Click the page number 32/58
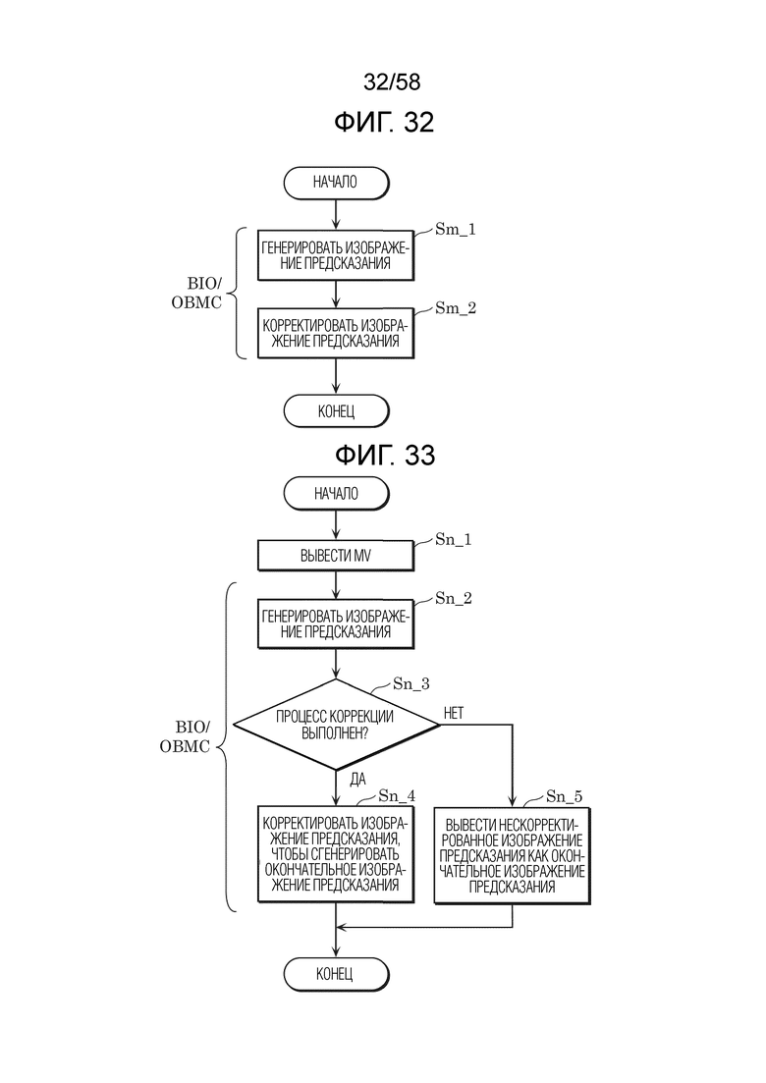pyautogui.click(x=392, y=82)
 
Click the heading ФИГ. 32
pyautogui.click(x=384, y=123)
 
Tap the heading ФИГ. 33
pyautogui.click(x=385, y=456)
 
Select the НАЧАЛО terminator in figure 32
pyautogui.click(x=336, y=183)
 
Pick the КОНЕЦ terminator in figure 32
pyautogui.click(x=337, y=411)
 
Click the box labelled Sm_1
pyautogui.click(x=336, y=255)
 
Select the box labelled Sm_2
pyautogui.click(x=336, y=334)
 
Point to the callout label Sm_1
pyautogui.click(x=455, y=230)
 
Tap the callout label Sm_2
pyautogui.click(x=456, y=308)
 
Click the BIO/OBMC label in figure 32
pyautogui.click(x=196, y=294)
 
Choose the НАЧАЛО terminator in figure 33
pyautogui.click(x=336, y=494)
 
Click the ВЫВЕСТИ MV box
pyautogui.click(x=336, y=556)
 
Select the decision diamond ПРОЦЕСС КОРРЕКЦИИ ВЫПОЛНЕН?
pyautogui.click(x=336, y=725)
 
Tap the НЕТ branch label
pyautogui.click(x=453, y=714)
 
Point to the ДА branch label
pyautogui.click(x=357, y=781)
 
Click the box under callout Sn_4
pyautogui.click(x=336, y=854)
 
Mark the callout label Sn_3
pyautogui.click(x=410, y=683)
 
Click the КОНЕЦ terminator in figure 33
pyautogui.click(x=336, y=974)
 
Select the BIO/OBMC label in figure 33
pyautogui.click(x=185, y=737)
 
